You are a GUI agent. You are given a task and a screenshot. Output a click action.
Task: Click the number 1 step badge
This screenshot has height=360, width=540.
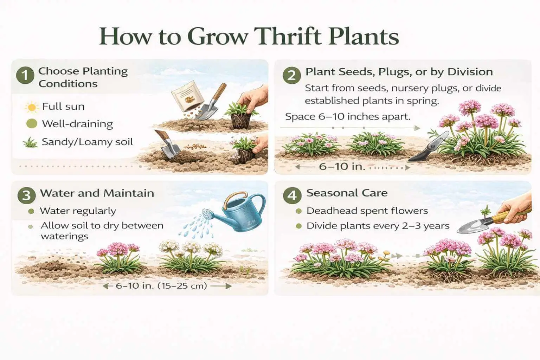pos(25,76)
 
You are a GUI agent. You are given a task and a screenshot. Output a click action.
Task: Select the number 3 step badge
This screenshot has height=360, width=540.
pos(27,195)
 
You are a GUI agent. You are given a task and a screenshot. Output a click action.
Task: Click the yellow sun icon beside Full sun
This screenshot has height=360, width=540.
pos(32,107)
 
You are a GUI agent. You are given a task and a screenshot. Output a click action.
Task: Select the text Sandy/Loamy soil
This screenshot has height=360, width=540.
pos(87,142)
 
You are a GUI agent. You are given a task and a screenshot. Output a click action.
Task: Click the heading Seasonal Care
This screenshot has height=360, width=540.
pos(347,193)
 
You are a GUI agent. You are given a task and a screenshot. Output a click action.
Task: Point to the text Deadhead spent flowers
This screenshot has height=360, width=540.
pos(367,211)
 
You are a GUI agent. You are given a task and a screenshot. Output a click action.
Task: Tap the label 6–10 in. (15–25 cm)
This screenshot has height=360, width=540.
pos(161,286)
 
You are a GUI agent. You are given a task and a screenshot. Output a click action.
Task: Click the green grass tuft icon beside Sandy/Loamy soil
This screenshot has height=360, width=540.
pos(30,142)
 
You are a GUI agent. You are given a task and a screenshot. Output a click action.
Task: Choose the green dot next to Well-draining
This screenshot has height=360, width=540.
pos(32,124)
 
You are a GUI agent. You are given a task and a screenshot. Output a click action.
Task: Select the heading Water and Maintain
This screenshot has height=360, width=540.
pos(97,193)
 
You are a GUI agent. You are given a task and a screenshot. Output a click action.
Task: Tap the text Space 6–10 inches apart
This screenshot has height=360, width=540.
pos(348,117)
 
